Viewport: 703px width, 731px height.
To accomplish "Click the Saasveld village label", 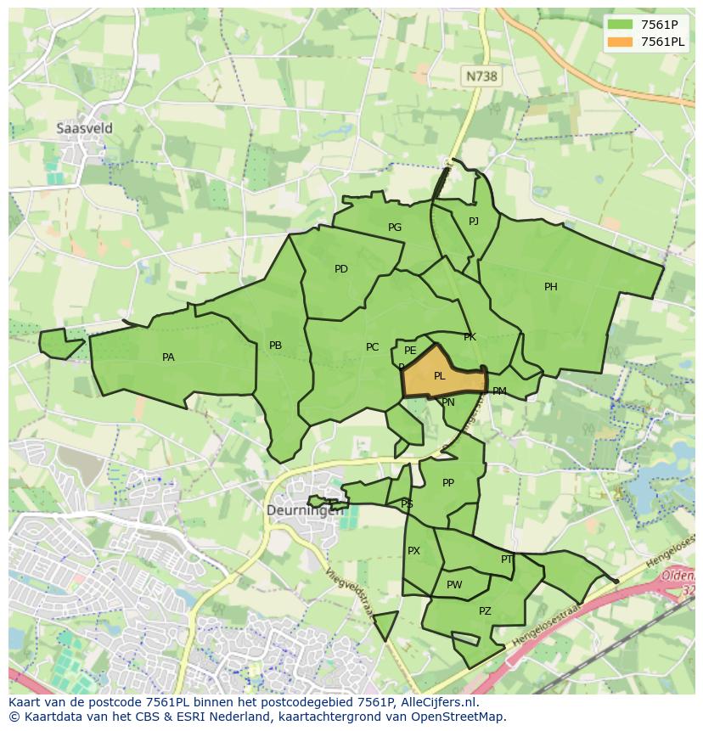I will [x=84, y=128].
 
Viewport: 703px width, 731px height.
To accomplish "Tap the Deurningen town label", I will [x=305, y=510].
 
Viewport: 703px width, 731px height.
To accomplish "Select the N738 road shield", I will [x=481, y=76].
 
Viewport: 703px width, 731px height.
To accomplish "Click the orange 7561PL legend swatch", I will [x=620, y=42].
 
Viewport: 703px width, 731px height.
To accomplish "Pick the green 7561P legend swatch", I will [x=620, y=25].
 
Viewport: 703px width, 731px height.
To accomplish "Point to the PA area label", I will [x=168, y=357].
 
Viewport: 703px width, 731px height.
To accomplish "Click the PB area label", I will [x=275, y=346].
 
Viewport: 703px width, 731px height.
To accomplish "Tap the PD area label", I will [x=340, y=269].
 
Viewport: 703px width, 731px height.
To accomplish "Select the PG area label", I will [x=395, y=228].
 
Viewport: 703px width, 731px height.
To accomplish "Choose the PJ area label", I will [x=474, y=222].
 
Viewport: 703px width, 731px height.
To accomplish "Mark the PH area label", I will [x=551, y=287].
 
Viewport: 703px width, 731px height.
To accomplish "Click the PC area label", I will [x=372, y=347].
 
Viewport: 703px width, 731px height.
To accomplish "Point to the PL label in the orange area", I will [x=439, y=376].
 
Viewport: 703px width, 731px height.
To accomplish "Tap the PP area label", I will [x=448, y=483].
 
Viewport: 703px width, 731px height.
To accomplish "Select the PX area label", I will [x=413, y=551].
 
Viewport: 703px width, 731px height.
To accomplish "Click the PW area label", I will [x=454, y=585].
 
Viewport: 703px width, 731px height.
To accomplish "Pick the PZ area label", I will [x=485, y=611].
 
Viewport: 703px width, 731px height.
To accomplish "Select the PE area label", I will [x=410, y=351].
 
